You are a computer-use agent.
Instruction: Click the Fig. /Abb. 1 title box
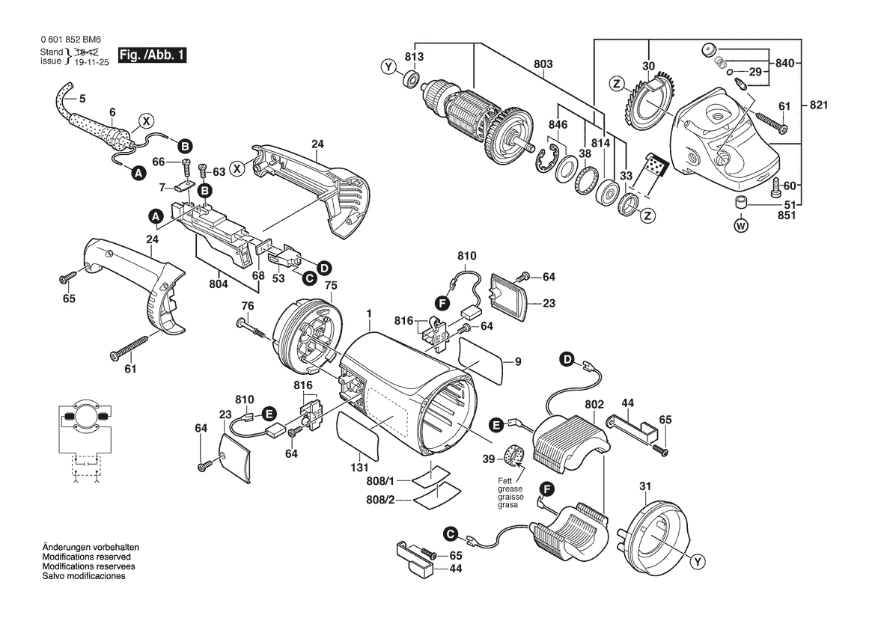152,55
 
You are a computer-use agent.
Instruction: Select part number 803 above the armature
543,64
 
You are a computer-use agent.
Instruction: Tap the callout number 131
359,468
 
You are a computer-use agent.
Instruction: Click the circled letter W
741,226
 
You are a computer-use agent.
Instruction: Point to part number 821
819,105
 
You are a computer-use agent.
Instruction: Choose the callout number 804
219,284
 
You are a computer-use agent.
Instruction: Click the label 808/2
380,500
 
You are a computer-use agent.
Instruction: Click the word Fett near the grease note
505,481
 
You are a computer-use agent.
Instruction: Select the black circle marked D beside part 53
323,269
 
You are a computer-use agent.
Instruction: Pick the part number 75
331,285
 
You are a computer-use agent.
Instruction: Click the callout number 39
488,459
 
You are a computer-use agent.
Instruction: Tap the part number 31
645,486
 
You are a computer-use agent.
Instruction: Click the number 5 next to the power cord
82,99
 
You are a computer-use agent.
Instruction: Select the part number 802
594,404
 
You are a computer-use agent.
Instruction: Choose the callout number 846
558,124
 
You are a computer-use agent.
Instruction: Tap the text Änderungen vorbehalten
91,547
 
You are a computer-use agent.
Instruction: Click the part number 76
248,306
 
